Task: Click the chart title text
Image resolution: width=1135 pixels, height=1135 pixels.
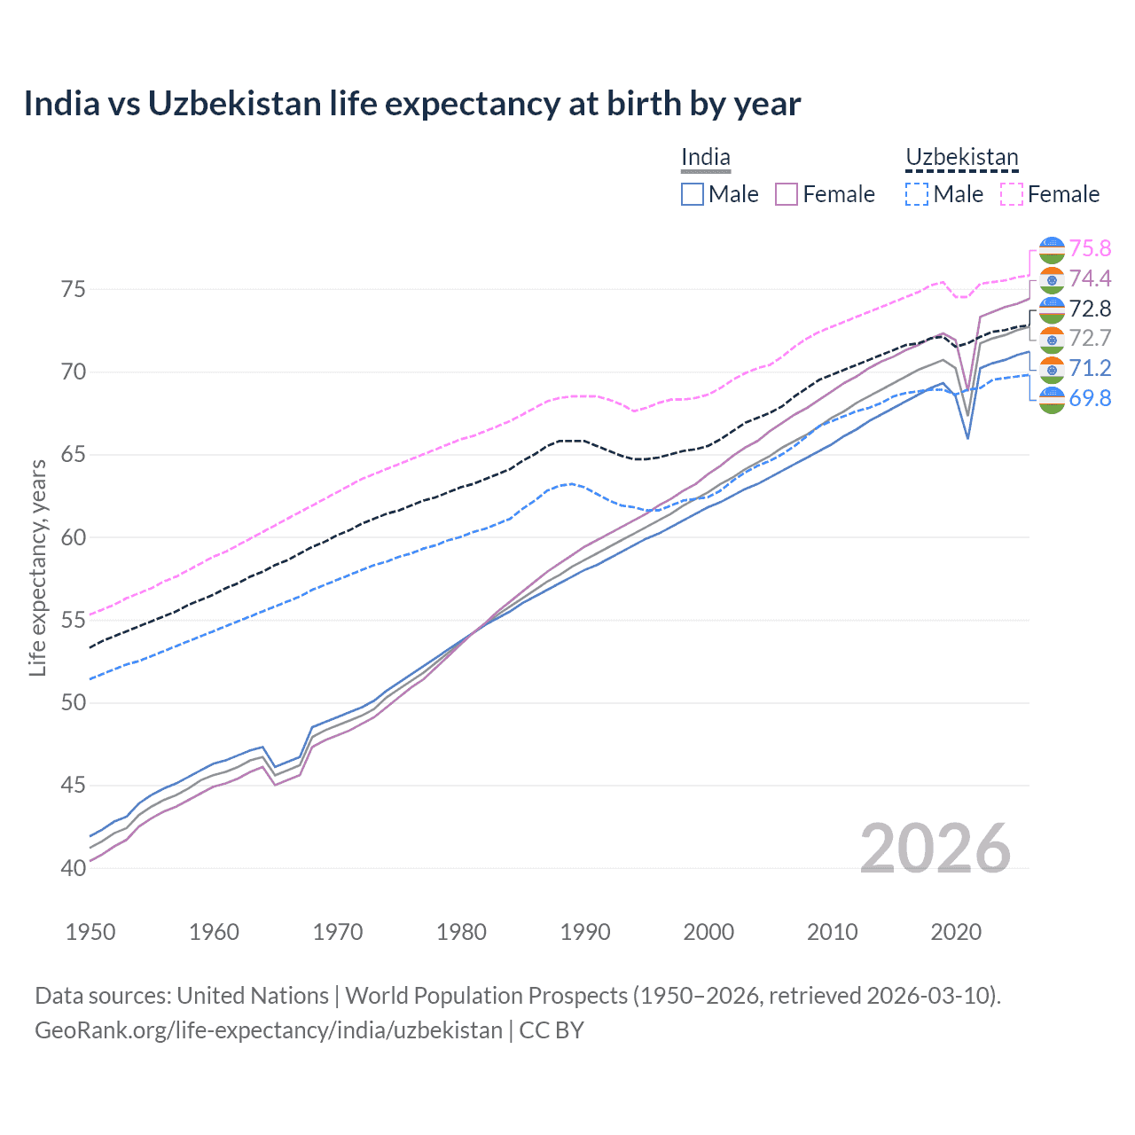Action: coord(412,104)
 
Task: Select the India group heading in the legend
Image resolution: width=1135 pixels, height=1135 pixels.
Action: coord(706,158)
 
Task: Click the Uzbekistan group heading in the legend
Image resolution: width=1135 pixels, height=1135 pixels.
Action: coord(961,158)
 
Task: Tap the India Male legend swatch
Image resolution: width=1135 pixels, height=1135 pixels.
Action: coord(693,194)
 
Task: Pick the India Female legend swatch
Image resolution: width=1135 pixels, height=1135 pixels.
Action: coord(787,194)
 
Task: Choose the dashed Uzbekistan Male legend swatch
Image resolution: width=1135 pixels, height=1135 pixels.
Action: coord(917,194)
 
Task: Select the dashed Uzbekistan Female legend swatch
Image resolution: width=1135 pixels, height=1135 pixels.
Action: coord(1012,194)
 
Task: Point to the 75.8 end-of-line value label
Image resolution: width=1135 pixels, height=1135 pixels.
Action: coord(1090,248)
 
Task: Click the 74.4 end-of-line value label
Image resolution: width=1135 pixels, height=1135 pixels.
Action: coord(1090,278)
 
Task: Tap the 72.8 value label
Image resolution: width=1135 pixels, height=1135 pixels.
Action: coord(1090,309)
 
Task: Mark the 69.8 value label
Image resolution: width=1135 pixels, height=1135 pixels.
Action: coord(1090,398)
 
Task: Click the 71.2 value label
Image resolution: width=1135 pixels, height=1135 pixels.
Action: coord(1090,368)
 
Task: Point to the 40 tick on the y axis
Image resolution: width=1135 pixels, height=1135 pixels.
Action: coord(74,868)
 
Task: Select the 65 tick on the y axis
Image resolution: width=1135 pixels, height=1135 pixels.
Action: coord(74,455)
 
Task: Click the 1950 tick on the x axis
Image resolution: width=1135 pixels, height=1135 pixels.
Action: coord(90,932)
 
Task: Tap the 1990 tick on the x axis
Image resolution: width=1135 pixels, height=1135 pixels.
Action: coord(585,932)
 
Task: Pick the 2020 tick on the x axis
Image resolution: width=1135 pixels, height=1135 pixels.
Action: coord(956,932)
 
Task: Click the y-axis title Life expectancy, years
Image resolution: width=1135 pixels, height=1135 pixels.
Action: coord(38,567)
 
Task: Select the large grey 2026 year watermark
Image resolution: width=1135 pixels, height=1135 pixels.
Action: coord(935,849)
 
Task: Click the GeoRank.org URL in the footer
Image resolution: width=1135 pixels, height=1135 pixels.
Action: coord(268,1030)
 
